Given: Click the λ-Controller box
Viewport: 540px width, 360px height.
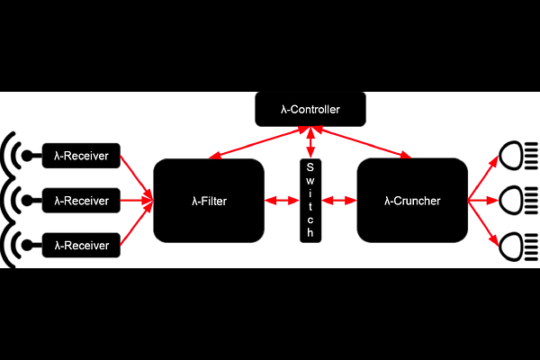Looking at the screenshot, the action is pos(310,109).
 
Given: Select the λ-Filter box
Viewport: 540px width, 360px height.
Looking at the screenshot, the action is pos(209,201).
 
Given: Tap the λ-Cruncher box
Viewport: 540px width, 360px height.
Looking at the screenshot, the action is pos(412,201).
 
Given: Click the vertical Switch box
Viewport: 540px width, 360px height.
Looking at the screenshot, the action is pos(310,201).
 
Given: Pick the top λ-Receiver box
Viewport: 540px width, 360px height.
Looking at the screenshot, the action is pos(81,156).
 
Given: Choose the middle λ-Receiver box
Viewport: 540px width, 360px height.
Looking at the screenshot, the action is pos(81,201).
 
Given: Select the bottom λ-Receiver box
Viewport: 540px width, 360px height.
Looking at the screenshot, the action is pos(81,246).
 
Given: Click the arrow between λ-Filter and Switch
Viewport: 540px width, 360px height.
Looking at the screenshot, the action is pos(282,201).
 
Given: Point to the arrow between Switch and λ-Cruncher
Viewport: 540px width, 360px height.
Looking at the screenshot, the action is pos(339,201).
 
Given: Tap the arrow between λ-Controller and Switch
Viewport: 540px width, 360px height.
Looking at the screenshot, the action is pos(310,142).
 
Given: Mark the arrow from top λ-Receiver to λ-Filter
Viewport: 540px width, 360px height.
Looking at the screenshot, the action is pos(137,178).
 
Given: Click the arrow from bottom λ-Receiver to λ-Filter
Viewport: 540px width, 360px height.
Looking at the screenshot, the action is pos(137,223).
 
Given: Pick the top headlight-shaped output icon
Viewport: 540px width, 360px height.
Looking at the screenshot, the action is pos(518,156).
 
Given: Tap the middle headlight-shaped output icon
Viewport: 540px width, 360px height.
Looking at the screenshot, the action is pos(518,200).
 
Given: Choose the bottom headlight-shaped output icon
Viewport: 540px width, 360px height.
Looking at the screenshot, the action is pos(518,247).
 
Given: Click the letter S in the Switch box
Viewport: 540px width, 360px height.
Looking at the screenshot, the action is pos(310,167).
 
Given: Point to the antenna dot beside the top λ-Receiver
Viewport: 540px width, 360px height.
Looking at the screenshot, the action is pos(27,156).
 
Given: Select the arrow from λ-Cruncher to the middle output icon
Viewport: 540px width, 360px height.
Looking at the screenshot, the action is pos(483,201).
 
